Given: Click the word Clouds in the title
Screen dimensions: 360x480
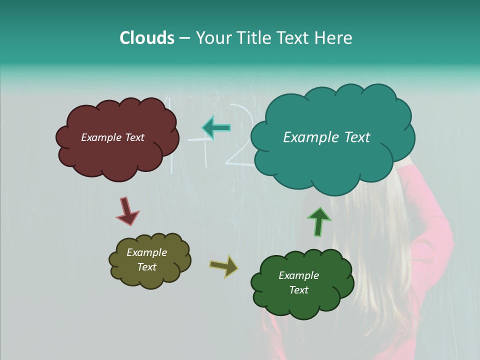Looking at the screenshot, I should click(147, 38).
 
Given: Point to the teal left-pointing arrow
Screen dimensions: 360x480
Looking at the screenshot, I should click(216, 128).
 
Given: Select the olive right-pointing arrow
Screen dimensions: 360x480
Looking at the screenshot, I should click(224, 266).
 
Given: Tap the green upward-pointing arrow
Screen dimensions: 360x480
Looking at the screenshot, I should click(319, 221).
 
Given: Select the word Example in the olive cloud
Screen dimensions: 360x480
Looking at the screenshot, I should click(146, 252).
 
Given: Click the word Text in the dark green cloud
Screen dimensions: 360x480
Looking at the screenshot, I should click(298, 290).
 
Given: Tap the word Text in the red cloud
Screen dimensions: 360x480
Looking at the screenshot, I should click(134, 137).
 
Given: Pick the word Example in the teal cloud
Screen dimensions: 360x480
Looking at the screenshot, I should click(306, 137).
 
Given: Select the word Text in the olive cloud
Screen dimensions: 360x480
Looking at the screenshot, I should click(146, 267).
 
